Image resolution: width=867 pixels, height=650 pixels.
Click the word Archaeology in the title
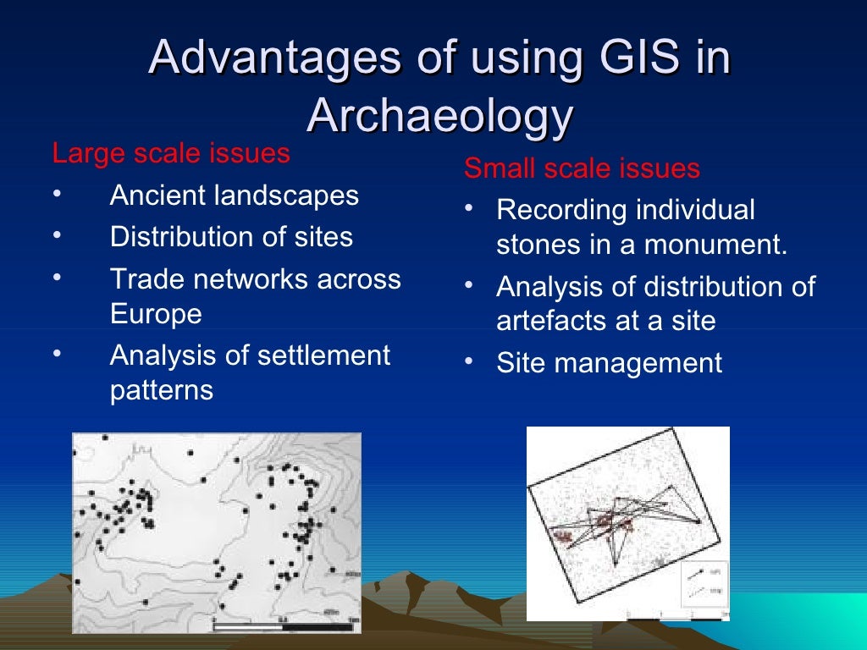(x=439, y=117)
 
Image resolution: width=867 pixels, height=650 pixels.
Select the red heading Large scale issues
(x=171, y=154)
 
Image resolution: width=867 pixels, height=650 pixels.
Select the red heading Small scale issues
(x=582, y=168)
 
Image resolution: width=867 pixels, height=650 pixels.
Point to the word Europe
(x=156, y=314)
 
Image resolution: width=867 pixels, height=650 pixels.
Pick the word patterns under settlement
(x=161, y=391)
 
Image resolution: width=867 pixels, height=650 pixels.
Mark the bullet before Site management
(x=469, y=363)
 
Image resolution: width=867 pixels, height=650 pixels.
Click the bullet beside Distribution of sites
(x=56, y=236)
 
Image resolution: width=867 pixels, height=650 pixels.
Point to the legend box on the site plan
(x=703, y=583)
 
